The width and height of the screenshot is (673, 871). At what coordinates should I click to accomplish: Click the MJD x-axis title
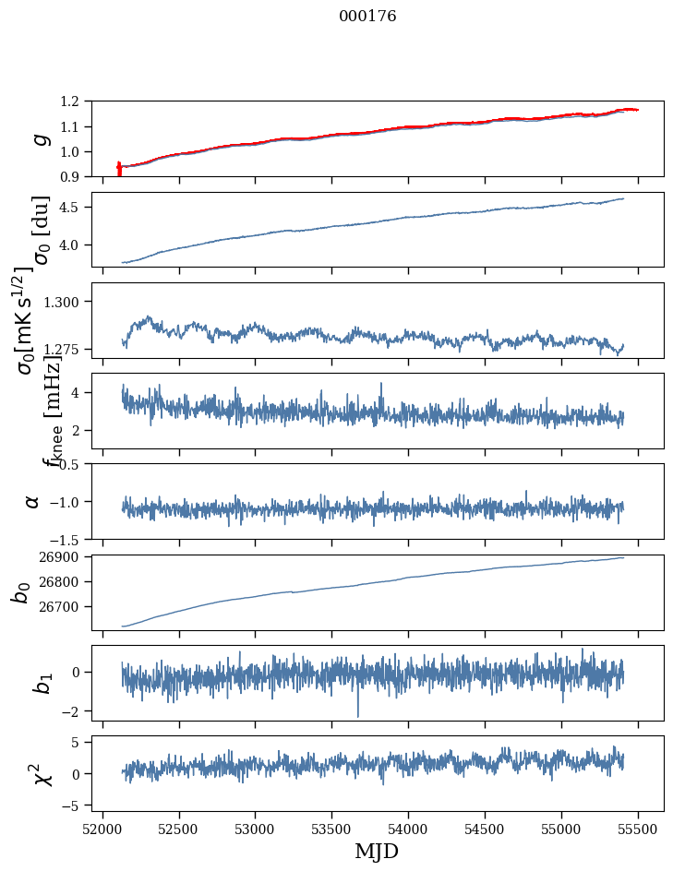click(377, 851)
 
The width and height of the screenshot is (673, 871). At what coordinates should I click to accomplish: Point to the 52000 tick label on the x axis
click(102, 828)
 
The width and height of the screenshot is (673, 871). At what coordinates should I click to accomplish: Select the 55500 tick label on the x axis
click(639, 828)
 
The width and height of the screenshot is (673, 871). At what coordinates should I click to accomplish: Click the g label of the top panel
click(40, 138)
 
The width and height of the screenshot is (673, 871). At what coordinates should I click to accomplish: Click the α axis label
click(33, 500)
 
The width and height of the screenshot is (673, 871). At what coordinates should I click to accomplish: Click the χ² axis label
click(41, 773)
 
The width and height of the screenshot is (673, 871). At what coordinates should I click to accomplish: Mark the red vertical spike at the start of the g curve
click(119, 169)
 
